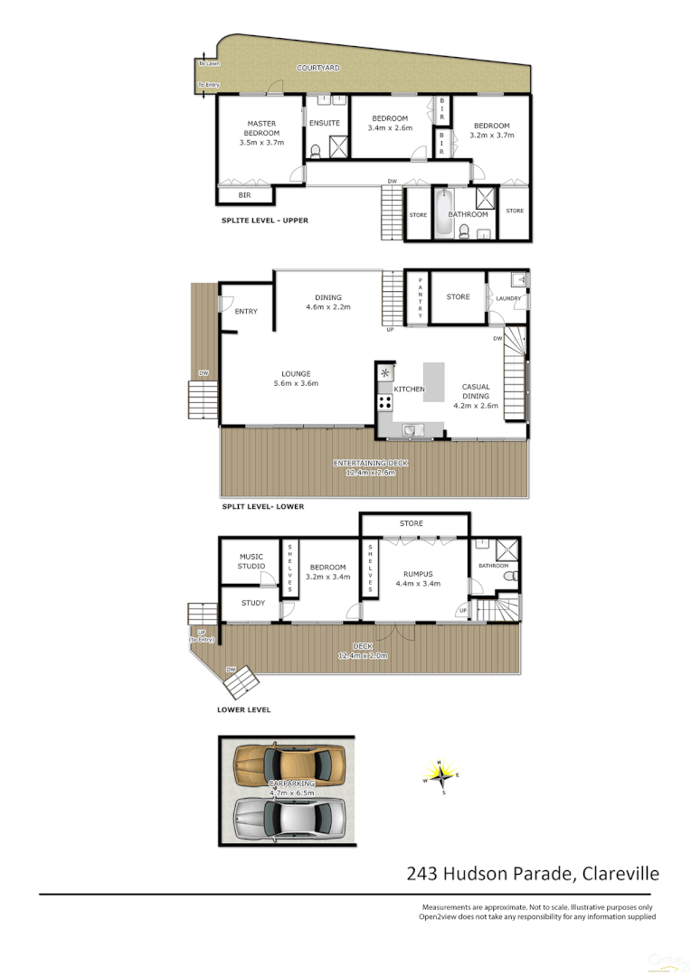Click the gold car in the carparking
[x=289, y=765]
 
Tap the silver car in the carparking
[x=289, y=818]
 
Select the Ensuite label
[x=325, y=123]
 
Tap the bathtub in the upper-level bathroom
[x=443, y=213]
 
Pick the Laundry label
[x=508, y=297]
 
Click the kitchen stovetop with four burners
[x=384, y=401]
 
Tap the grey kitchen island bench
[x=435, y=381]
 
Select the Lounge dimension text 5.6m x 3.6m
[x=296, y=384]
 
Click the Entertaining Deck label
[x=371, y=463]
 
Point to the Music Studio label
[x=251, y=561]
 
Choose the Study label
[x=253, y=603]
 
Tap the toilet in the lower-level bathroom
[x=508, y=575]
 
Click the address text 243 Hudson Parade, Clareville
[x=533, y=874]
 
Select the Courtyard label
[x=318, y=68]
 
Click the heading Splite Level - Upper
[x=270, y=221]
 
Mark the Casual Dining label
[x=476, y=390]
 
